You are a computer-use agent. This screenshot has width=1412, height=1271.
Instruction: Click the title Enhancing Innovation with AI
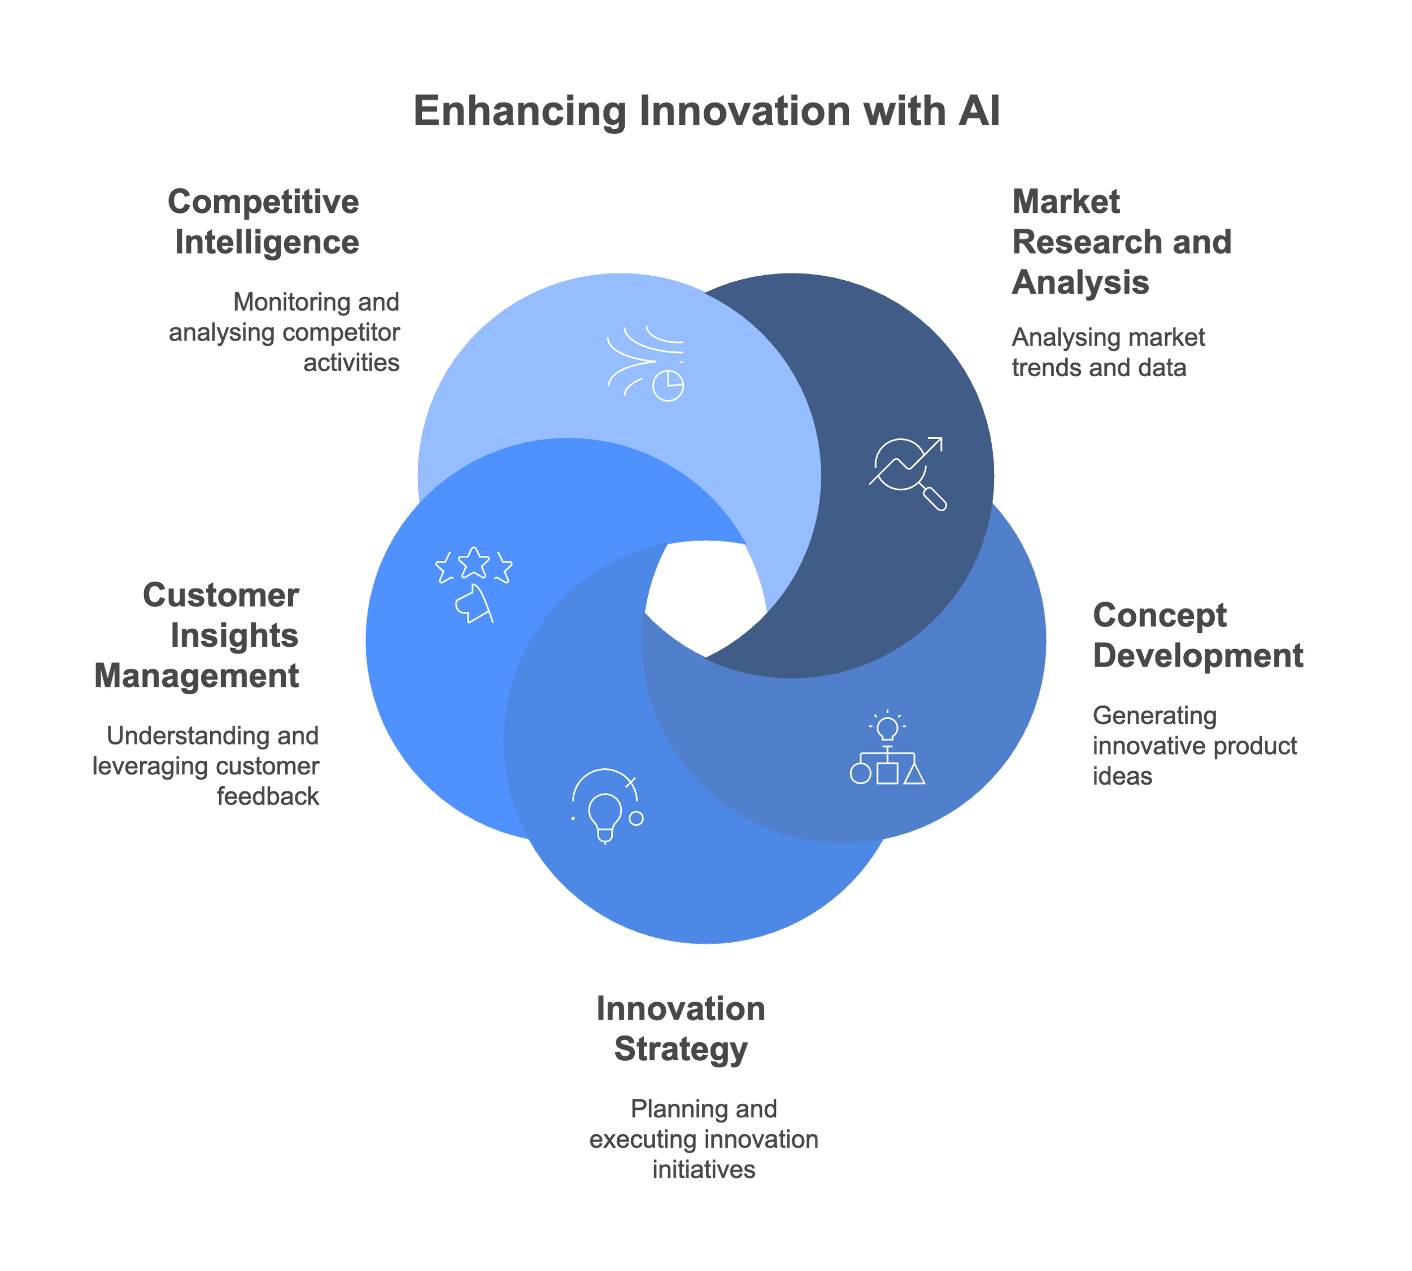tap(706, 111)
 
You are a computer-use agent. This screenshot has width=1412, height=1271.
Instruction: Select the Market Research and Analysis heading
tap(1120, 242)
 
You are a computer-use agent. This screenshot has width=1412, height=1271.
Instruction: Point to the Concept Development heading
tap(1197, 635)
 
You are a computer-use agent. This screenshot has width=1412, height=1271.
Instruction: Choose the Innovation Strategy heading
tap(681, 1029)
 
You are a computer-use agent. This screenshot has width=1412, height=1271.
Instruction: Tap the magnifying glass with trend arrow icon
tap(907, 473)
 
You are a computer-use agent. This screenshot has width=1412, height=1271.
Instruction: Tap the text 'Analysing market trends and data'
tap(1108, 352)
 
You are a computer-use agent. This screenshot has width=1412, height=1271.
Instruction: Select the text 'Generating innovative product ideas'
tap(1194, 746)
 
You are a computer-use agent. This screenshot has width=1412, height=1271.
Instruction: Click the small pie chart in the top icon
tap(668, 385)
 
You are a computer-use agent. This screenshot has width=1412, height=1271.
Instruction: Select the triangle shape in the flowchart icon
tap(914, 774)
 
